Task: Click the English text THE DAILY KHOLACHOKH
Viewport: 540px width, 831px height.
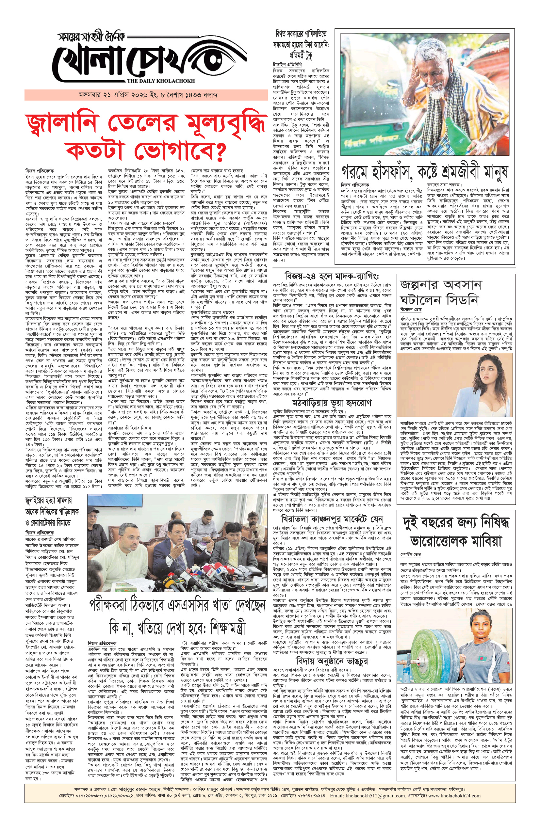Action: (161, 81)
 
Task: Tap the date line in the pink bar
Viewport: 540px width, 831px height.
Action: (148, 95)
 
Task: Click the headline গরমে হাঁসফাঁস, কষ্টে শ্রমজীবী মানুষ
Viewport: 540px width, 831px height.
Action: (424, 172)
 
